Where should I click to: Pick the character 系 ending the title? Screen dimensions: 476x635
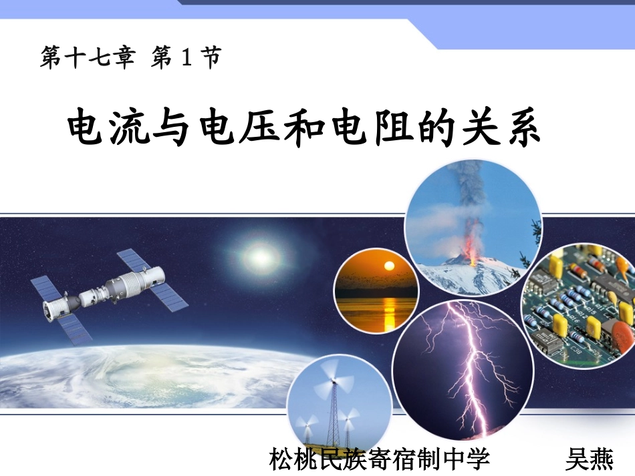pos(521,128)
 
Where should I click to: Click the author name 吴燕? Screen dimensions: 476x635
pos(589,460)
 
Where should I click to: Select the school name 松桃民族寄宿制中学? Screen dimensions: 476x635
pos(380,460)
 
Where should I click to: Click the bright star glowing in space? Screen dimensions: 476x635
pos(256,254)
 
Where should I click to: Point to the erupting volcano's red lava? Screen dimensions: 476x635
pos(473,254)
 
